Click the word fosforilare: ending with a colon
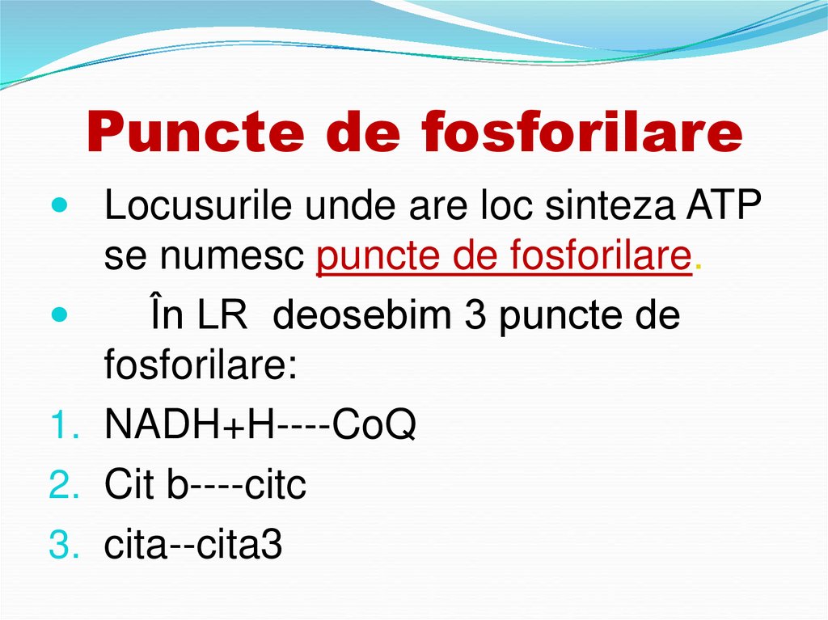(201, 364)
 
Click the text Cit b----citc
(205, 486)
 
